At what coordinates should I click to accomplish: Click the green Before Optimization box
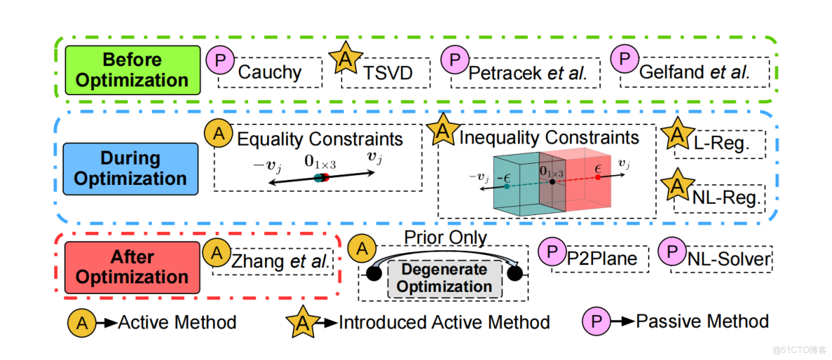pos(132,70)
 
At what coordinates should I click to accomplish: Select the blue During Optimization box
pos(130,167)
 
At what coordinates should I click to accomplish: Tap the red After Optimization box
pos(132,266)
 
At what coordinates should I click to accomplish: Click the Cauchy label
pos(270,72)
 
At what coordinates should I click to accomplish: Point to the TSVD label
pos(387,72)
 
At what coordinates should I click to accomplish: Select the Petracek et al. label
pos(526,72)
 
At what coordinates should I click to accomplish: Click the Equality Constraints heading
pos(320,139)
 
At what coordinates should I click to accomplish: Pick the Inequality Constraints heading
pos(549,137)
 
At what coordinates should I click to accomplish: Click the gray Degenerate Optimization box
pos(443,278)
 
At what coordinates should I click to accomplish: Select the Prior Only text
pos(445,238)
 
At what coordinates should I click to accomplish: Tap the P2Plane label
pos(602,259)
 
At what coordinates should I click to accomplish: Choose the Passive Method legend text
pos(702,321)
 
